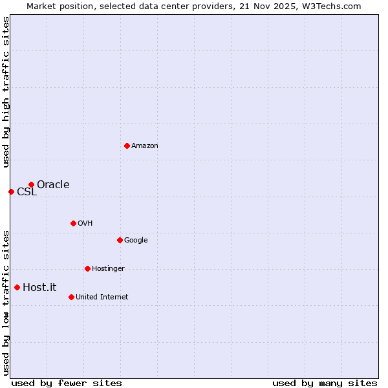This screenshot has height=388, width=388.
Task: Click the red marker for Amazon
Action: tap(127, 145)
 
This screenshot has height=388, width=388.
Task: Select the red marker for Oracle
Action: tap(31, 184)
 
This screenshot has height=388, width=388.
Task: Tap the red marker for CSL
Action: tap(11, 191)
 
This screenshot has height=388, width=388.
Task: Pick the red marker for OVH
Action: tap(73, 223)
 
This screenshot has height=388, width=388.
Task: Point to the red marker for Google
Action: tap(120, 240)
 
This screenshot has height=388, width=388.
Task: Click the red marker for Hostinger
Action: tap(87, 268)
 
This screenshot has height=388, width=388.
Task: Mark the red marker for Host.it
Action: tap(17, 287)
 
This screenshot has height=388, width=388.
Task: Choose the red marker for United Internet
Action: tap(71, 297)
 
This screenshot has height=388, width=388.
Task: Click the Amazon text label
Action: tap(145, 146)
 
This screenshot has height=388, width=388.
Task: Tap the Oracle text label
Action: tap(53, 185)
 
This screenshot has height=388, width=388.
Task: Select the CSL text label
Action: tap(27, 192)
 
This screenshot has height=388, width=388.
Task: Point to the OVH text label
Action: tap(85, 224)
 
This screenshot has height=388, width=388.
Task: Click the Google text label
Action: tap(136, 241)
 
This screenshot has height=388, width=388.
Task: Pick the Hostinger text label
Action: tap(108, 269)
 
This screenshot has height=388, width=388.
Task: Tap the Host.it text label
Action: tap(39, 288)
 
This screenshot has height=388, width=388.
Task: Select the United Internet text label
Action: tap(102, 297)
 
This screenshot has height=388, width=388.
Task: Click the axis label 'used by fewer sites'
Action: tap(67, 383)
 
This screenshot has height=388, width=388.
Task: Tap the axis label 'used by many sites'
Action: tap(325, 383)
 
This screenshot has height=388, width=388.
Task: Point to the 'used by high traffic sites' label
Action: tap(6, 92)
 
